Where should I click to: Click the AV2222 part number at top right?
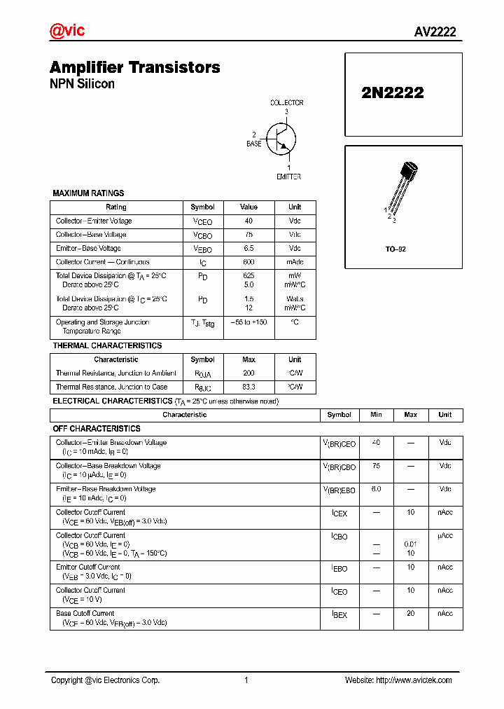click(x=435, y=32)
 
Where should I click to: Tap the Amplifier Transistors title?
click(x=134, y=67)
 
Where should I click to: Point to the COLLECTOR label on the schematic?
click(x=287, y=103)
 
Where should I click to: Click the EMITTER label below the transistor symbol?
click(x=288, y=177)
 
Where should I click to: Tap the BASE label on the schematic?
click(x=253, y=144)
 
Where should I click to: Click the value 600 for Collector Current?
click(x=248, y=262)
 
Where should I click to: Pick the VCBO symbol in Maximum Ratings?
click(x=202, y=235)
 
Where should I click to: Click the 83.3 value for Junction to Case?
click(x=248, y=387)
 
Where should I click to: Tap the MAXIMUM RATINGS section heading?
click(x=88, y=193)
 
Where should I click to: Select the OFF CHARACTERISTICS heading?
click(x=97, y=428)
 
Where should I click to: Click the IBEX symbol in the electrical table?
click(x=339, y=614)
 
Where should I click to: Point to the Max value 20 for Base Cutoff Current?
click(x=410, y=614)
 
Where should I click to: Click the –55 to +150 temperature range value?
click(x=248, y=322)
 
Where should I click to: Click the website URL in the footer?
click(x=414, y=680)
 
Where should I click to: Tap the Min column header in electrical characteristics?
click(x=376, y=415)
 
